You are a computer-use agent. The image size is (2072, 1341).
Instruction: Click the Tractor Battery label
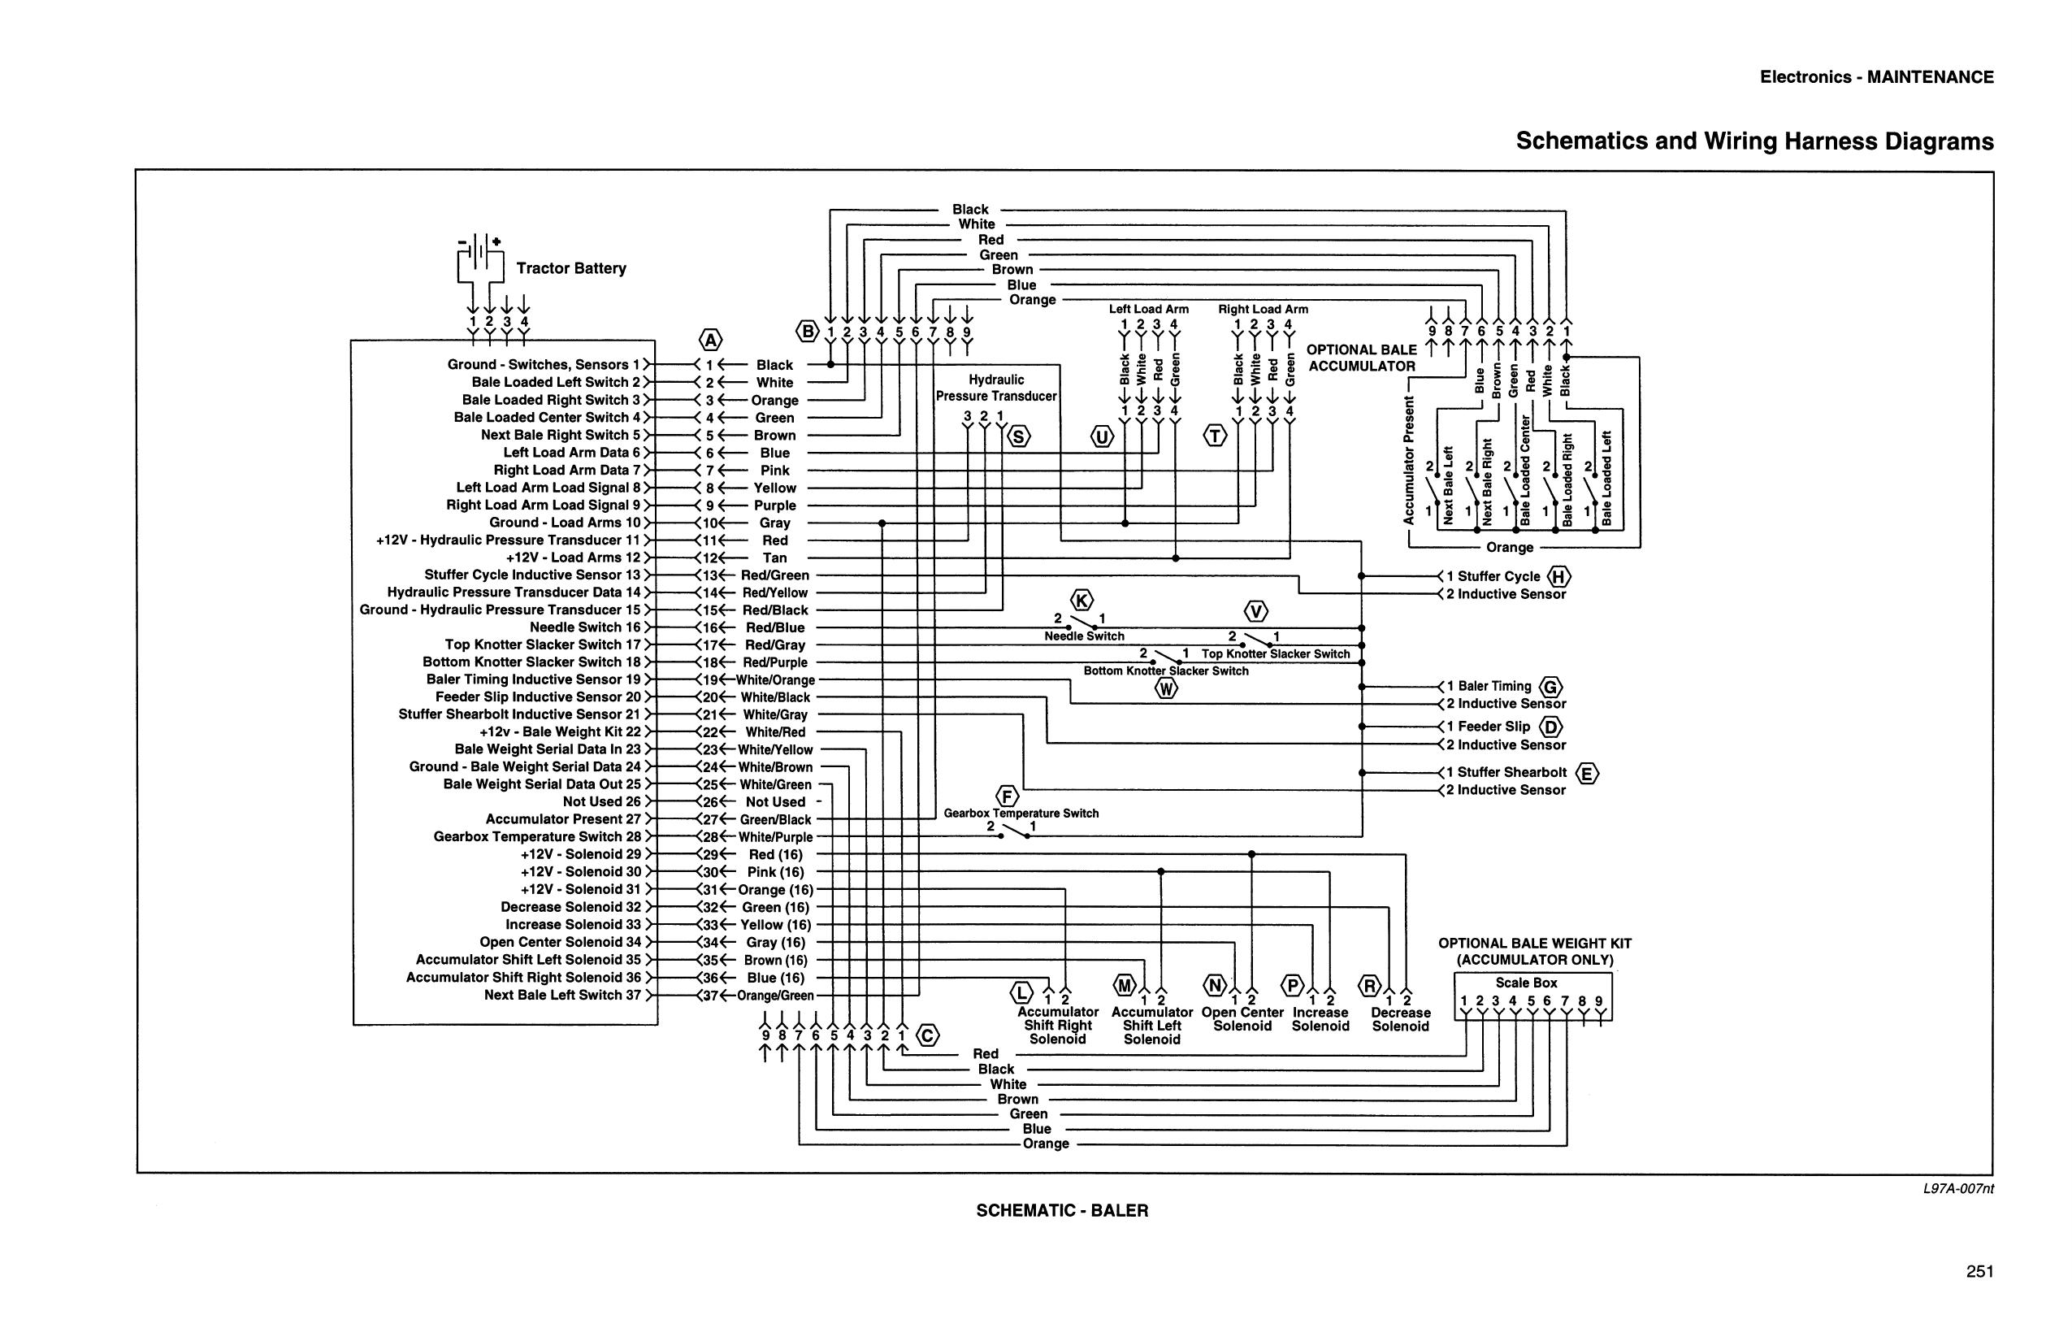click(571, 268)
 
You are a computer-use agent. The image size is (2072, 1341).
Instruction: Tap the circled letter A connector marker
click(711, 340)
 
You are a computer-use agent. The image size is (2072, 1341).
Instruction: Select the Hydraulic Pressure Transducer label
click(996, 388)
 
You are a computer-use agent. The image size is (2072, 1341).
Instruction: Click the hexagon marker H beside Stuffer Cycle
click(1559, 576)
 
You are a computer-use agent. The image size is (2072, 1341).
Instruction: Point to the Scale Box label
click(1526, 983)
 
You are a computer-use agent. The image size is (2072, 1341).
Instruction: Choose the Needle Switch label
click(1084, 636)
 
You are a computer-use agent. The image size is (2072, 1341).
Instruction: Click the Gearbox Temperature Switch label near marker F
click(1021, 814)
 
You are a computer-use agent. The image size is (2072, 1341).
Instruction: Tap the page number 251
click(1979, 1271)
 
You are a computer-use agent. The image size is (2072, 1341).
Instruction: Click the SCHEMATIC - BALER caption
click(1062, 1210)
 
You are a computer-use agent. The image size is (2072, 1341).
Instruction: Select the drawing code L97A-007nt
click(1958, 1188)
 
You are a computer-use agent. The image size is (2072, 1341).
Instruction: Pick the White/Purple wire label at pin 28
click(775, 837)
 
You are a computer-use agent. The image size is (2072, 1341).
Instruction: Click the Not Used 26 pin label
click(601, 801)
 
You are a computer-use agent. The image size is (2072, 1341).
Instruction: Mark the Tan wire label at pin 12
click(775, 558)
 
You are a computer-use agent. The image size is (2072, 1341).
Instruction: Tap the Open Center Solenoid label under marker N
click(1242, 1019)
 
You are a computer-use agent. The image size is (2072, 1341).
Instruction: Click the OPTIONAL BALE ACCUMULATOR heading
click(1362, 358)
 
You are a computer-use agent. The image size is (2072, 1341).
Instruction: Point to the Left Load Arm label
click(1148, 309)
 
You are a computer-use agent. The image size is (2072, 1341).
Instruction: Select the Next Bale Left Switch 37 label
click(562, 995)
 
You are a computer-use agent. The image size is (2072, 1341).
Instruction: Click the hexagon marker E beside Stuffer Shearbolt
click(1587, 773)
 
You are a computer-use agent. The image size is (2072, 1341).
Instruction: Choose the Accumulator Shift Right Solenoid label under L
click(1058, 1025)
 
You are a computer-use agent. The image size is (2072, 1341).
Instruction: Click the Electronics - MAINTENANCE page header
click(1876, 76)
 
